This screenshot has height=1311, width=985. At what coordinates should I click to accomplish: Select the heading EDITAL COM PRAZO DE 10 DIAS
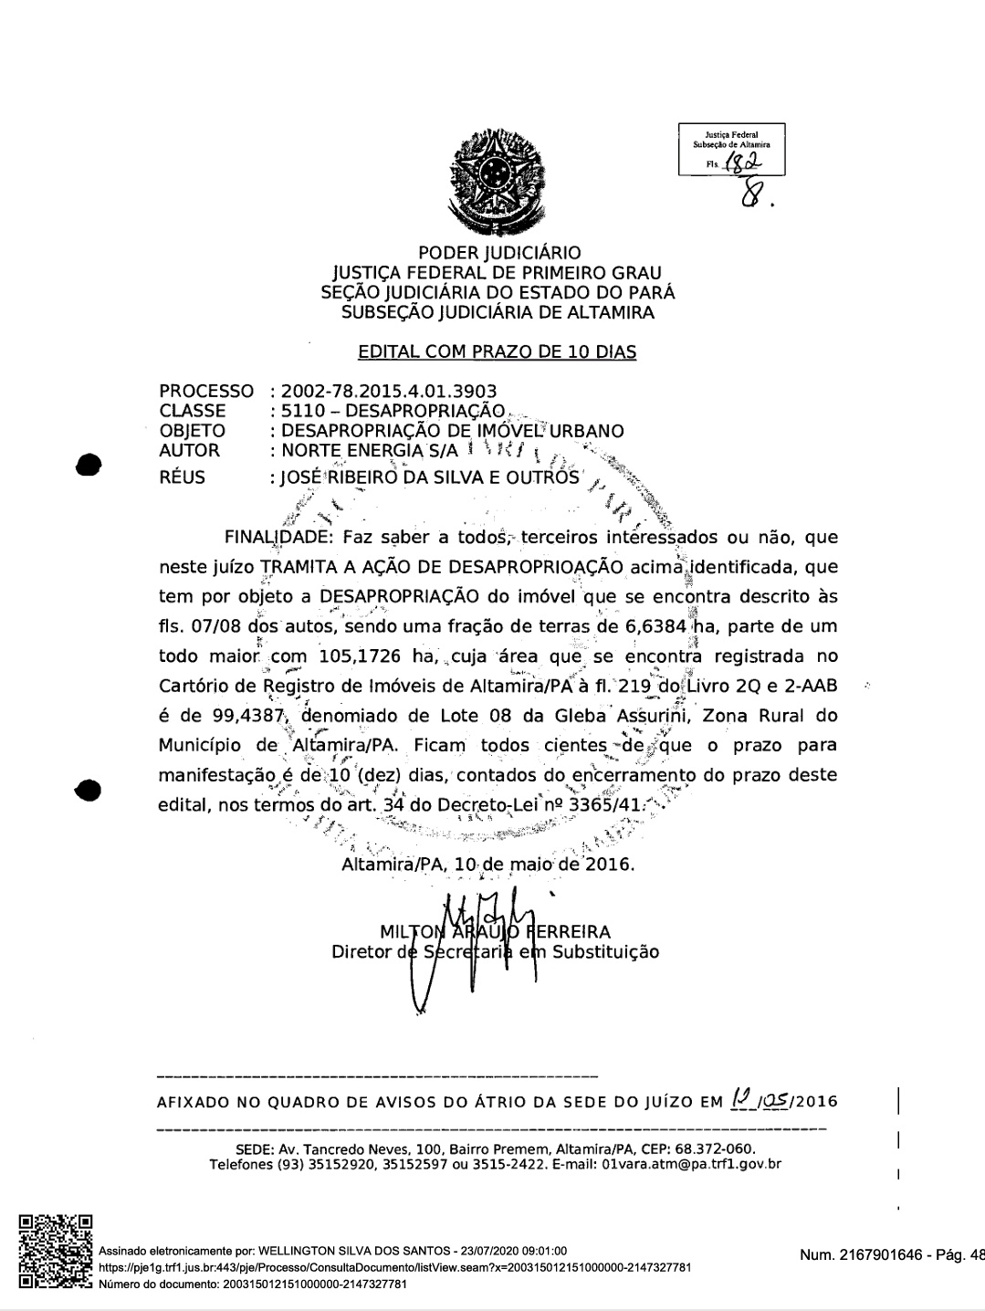(498, 351)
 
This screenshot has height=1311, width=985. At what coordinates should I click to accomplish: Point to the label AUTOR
(189, 450)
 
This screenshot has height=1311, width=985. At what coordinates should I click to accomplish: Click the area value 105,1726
(365, 656)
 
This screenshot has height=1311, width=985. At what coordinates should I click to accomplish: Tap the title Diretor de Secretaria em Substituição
(495, 951)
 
